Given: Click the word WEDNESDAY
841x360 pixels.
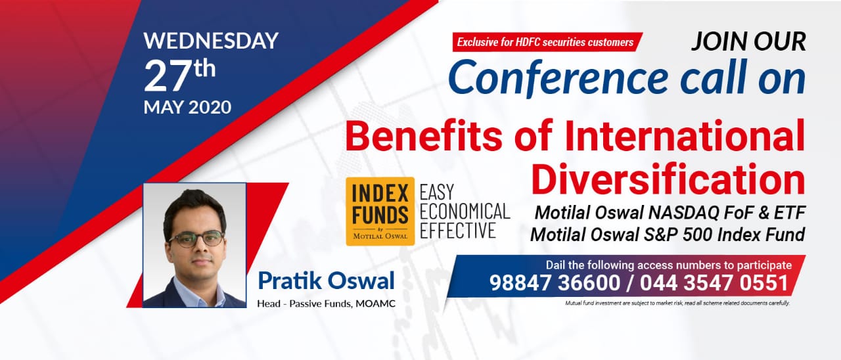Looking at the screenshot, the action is click(x=211, y=41).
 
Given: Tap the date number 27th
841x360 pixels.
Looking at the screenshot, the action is click(x=179, y=76).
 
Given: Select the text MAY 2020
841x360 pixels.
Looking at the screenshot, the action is click(x=187, y=107).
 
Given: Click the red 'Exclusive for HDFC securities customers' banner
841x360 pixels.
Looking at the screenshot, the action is click(x=547, y=41).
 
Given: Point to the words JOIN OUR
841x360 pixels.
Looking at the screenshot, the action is click(x=748, y=41).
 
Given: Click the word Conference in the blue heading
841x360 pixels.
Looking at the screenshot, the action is click(x=558, y=78).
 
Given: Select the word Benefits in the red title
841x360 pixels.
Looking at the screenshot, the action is click(x=424, y=135).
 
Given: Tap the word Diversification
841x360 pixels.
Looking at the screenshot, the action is click(x=668, y=179).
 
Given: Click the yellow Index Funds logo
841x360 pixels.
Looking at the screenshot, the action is click(x=380, y=212).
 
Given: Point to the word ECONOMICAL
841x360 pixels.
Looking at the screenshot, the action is click(x=465, y=212).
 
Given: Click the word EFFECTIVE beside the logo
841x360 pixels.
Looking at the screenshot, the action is click(x=457, y=231).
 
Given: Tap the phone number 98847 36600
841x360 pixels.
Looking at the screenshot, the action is click(x=555, y=282).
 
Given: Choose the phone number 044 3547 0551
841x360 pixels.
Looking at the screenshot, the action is click(x=714, y=282).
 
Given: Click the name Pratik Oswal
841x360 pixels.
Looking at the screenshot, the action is click(x=326, y=281).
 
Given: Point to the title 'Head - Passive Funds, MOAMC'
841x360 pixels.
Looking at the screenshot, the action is click(x=326, y=304).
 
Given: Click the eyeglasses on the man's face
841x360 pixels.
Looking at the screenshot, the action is click(x=196, y=239).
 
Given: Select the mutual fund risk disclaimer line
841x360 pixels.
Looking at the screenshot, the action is click(x=677, y=303).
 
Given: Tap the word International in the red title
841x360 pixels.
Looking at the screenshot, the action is click(x=685, y=135).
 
